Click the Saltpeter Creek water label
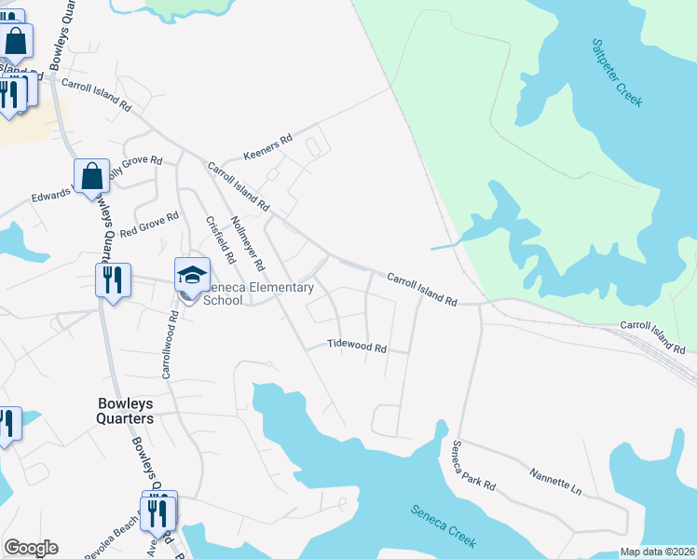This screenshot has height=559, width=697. tap(617, 73)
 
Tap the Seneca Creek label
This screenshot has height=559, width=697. tap(444, 523)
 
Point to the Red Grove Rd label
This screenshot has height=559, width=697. tap(149, 223)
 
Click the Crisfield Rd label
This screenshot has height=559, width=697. tap(220, 238)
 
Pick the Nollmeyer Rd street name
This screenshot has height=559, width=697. tap(248, 238)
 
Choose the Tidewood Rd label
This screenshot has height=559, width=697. tap(356, 346)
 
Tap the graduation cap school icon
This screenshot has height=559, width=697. tap(193, 274)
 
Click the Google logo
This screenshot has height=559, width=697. tap(31, 548)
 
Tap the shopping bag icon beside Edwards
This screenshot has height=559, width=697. tap(92, 175)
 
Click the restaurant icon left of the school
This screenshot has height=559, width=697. tap(110, 279)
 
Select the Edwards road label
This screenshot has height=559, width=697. tap(50, 196)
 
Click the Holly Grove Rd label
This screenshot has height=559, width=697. tap(134, 166)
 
